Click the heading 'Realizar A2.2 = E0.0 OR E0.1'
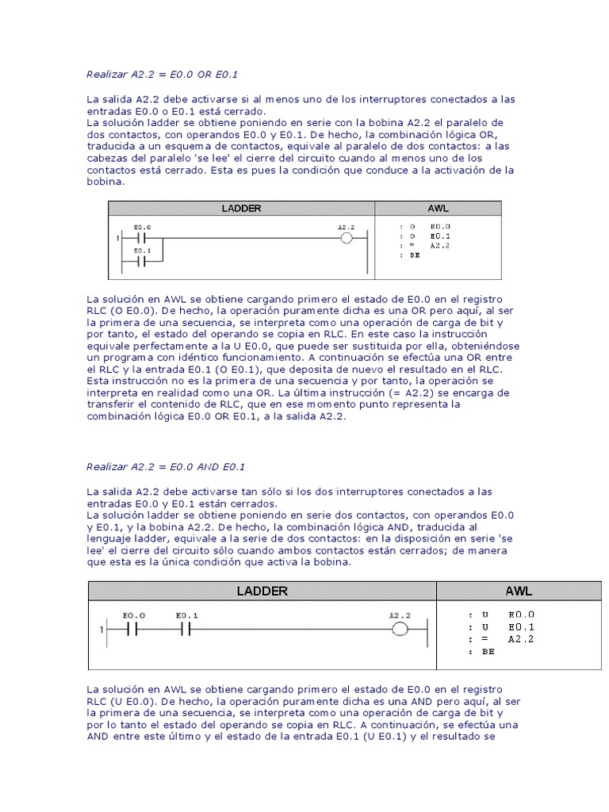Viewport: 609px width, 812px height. click(x=162, y=75)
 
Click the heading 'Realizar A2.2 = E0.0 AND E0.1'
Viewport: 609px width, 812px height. click(x=166, y=467)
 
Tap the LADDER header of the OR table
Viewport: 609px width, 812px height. click(x=241, y=209)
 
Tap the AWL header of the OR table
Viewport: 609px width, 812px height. click(x=438, y=209)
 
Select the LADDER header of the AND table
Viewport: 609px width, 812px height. click(x=262, y=591)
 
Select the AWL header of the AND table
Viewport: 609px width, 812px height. click(x=519, y=591)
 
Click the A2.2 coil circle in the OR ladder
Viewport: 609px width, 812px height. click(x=346, y=237)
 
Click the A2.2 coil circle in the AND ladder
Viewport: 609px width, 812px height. click(x=400, y=630)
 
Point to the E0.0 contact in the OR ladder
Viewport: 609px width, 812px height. click(x=143, y=237)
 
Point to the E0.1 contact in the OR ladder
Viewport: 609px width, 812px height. click(x=143, y=260)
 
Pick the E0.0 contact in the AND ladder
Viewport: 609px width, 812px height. click(x=133, y=630)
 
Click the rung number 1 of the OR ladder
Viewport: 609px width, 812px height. click(x=117, y=238)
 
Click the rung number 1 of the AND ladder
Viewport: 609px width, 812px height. click(x=102, y=630)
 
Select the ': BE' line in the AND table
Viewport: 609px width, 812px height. click(x=481, y=651)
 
